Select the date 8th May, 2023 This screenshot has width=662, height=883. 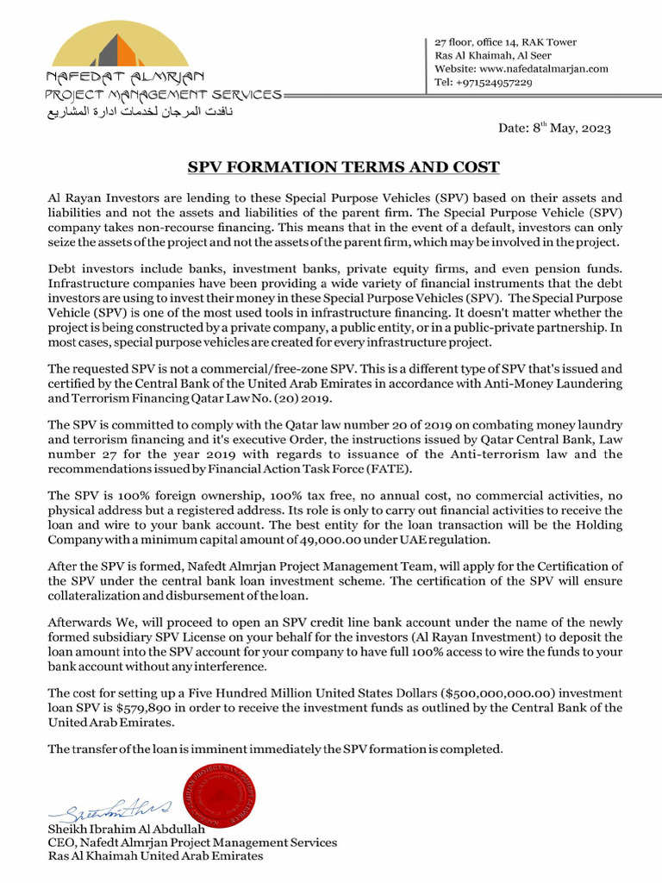(554, 128)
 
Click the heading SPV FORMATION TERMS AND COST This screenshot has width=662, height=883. (344, 167)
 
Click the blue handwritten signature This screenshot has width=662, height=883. (110, 808)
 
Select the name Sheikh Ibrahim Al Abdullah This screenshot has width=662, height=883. (122, 829)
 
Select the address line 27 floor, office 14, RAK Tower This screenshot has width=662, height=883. (505, 42)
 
